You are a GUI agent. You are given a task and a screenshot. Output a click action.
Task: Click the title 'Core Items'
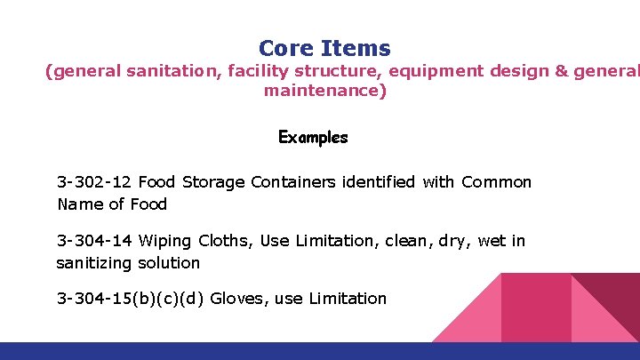[324, 48]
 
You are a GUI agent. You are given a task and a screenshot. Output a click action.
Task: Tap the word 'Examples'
[313, 138]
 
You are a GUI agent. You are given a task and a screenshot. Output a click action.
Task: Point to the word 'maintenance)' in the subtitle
[324, 91]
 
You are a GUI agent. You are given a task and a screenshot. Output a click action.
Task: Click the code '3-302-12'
[95, 182]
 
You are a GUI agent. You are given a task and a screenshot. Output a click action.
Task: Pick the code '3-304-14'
[95, 240]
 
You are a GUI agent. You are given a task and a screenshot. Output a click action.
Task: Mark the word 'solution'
[169, 263]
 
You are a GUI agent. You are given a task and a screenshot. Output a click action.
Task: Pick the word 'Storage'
[213, 182]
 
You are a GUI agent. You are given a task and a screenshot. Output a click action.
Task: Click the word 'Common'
[496, 182]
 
